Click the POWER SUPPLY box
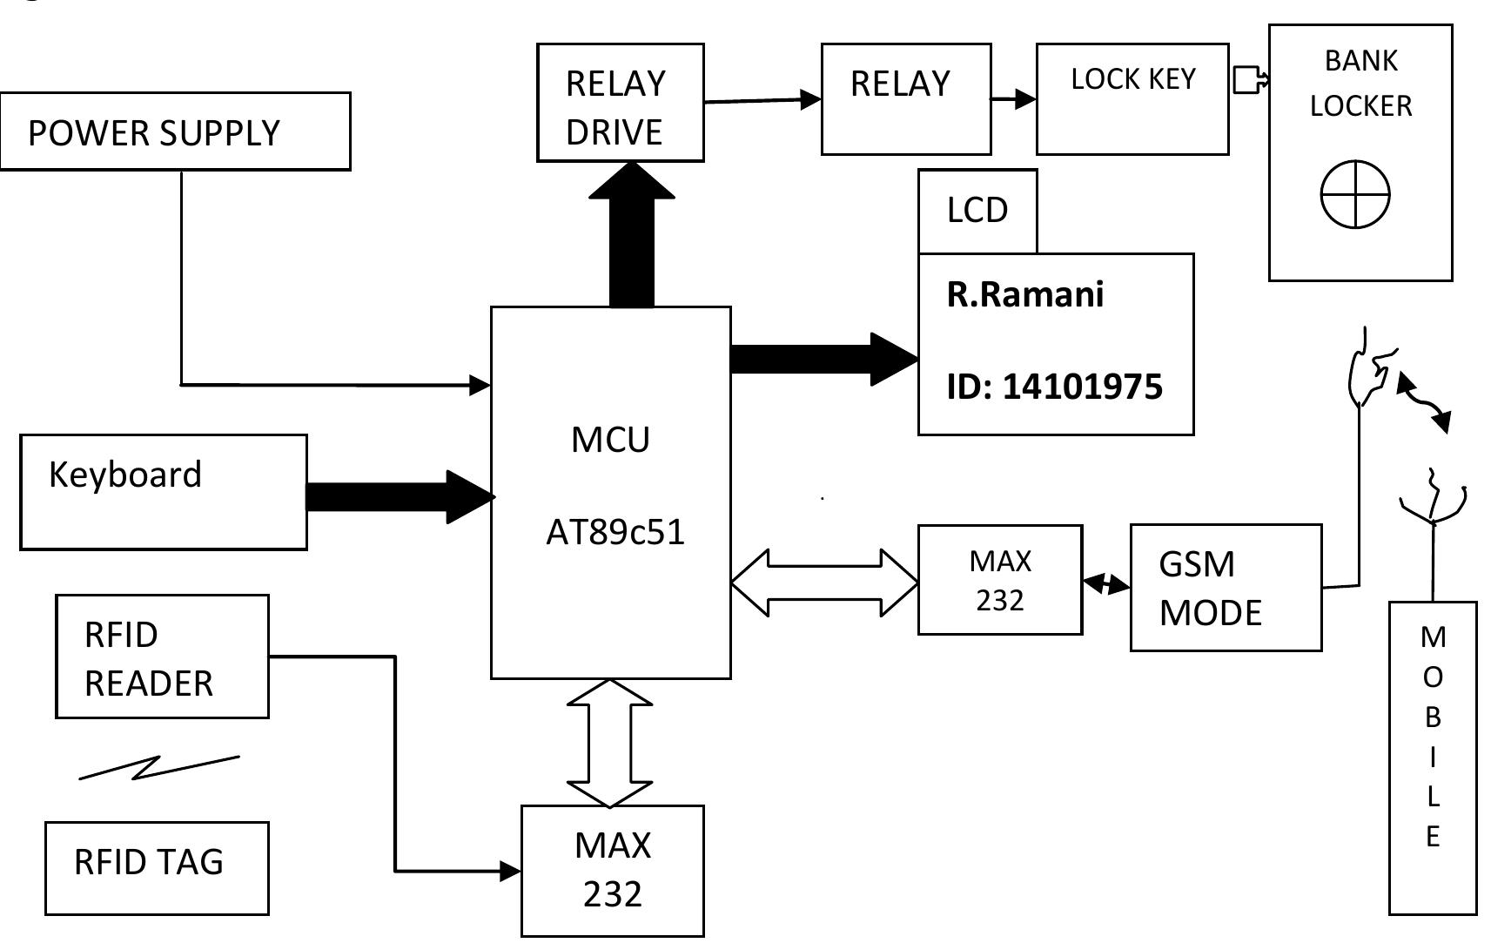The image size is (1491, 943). click(x=175, y=131)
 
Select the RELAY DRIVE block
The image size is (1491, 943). click(x=620, y=103)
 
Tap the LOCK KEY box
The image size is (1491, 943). click(x=1132, y=99)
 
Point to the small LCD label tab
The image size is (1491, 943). click(x=977, y=211)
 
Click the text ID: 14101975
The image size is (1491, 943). click(x=1054, y=387)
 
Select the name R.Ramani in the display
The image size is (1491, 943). click(x=1025, y=294)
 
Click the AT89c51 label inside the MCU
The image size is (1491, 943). click(x=615, y=532)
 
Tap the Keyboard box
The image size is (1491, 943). click(x=163, y=492)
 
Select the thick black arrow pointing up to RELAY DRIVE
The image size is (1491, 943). click(x=632, y=235)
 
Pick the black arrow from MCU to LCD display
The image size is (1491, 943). click(x=823, y=358)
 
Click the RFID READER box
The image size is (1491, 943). click(x=162, y=657)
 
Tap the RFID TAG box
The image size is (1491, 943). click(x=157, y=867)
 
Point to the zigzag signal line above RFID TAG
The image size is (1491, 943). click(x=158, y=767)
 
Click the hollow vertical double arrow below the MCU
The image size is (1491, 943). click(x=609, y=743)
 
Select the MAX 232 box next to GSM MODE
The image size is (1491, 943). click(x=1000, y=580)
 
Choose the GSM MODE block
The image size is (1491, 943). click(x=1225, y=588)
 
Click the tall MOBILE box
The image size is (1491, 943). click(x=1432, y=757)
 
